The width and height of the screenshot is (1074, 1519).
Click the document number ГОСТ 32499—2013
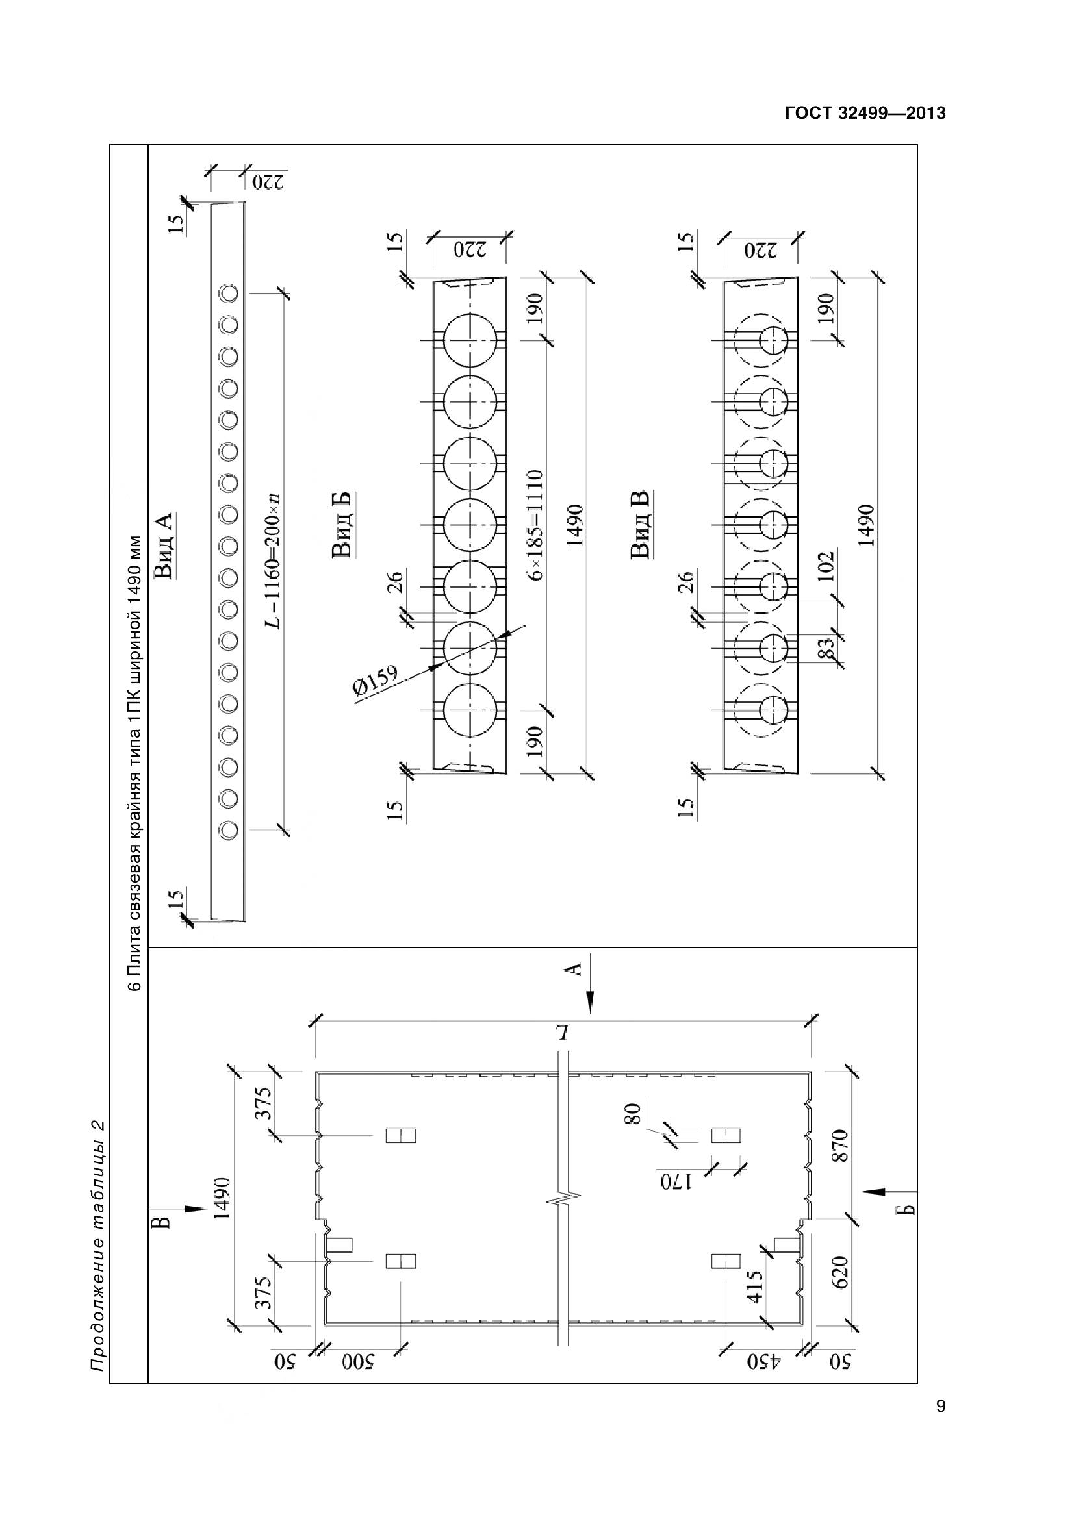pyautogui.click(x=865, y=113)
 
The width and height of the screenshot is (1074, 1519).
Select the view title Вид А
pyautogui.click(x=163, y=545)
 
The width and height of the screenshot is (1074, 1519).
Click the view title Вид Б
pyautogui.click(x=342, y=525)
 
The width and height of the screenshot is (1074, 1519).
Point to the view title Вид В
pyautogui.click(x=641, y=524)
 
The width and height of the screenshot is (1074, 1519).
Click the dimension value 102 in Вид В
pyautogui.click(x=826, y=568)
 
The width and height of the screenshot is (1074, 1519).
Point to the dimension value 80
pyautogui.click(x=633, y=1114)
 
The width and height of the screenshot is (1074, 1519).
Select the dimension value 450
pyautogui.click(x=763, y=1363)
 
